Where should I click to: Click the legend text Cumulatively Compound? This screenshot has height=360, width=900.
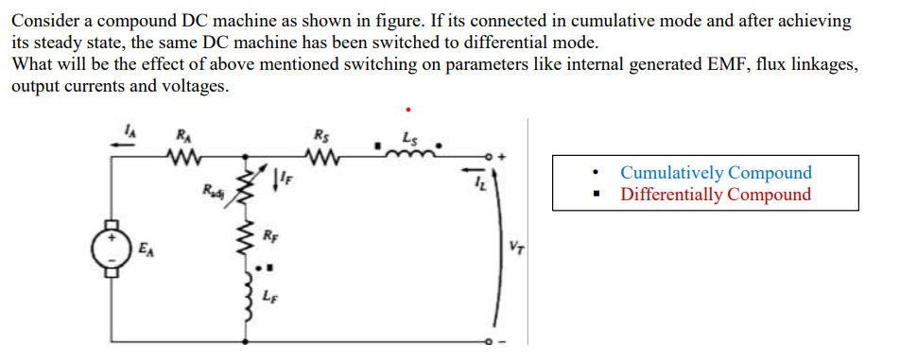tap(716, 173)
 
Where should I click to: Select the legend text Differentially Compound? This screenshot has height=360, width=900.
tap(716, 195)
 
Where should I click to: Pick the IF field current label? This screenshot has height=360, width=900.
tap(281, 175)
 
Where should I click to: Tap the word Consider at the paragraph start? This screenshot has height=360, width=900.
tap(41, 20)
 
